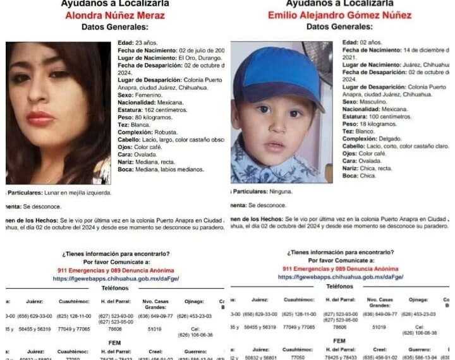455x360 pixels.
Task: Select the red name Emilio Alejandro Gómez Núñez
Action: [339, 16]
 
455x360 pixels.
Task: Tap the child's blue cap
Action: [281, 76]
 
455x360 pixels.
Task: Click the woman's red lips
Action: [39, 117]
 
